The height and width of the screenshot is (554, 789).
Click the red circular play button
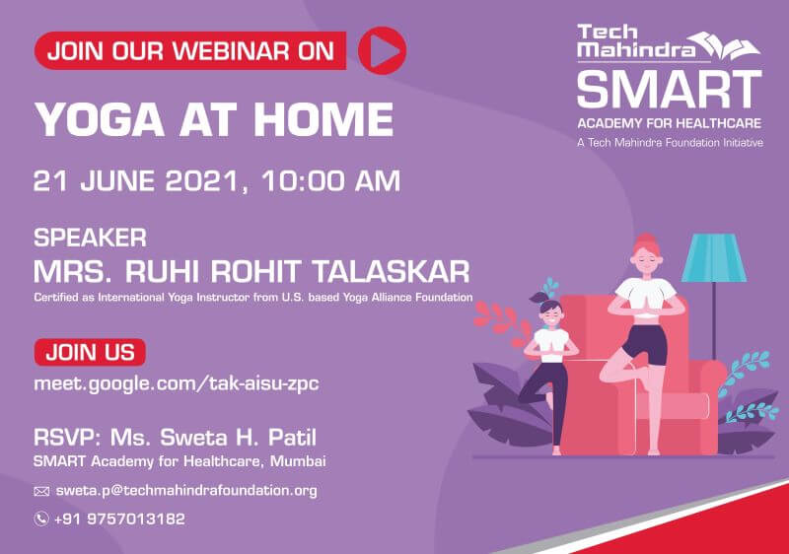tap(382, 51)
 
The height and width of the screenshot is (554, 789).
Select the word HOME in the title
tap(323, 119)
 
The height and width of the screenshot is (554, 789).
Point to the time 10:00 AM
tap(330, 180)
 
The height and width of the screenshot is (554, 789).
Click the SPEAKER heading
tap(90, 238)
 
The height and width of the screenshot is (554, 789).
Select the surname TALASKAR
tap(391, 272)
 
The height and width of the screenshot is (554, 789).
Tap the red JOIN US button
tap(90, 352)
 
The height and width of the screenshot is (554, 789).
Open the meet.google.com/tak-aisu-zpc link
tap(177, 384)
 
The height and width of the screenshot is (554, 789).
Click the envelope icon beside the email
tap(41, 491)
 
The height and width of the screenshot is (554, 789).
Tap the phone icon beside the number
tap(41, 519)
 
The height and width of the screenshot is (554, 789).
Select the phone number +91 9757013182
tap(119, 519)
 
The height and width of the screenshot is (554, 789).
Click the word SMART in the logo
tap(670, 90)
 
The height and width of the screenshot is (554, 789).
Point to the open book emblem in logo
tap(725, 46)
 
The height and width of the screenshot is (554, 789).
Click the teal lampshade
tap(714, 257)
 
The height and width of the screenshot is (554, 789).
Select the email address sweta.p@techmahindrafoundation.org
tap(186, 491)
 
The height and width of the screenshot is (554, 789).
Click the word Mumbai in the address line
tap(298, 461)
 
